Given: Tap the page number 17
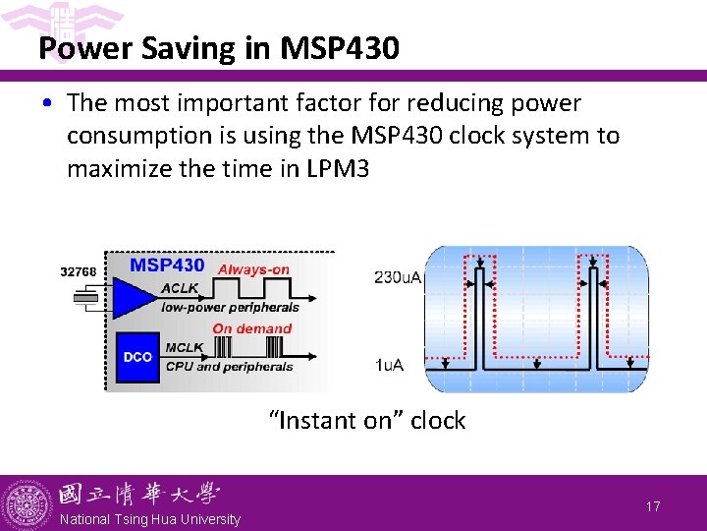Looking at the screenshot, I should [x=653, y=505].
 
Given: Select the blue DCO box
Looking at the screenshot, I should [x=137, y=356].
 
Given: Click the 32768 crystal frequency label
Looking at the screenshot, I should [x=79, y=271].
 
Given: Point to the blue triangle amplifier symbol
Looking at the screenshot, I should [x=134, y=296].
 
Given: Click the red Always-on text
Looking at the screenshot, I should [x=254, y=269].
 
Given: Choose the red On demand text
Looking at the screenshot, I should [x=251, y=328].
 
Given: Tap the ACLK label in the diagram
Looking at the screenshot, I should [x=181, y=287].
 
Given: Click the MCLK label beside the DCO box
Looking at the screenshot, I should [x=185, y=347].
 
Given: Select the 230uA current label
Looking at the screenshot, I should [x=398, y=277].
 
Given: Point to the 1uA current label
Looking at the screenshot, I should [x=389, y=365].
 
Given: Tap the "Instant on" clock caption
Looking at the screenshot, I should [x=367, y=421].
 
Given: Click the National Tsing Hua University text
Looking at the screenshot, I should [x=149, y=518].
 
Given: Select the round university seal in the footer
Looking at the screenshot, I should [x=27, y=503].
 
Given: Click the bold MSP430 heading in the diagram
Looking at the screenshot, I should [x=168, y=265].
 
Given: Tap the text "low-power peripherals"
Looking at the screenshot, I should [x=230, y=307].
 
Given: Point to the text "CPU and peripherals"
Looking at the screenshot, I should [x=229, y=367].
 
